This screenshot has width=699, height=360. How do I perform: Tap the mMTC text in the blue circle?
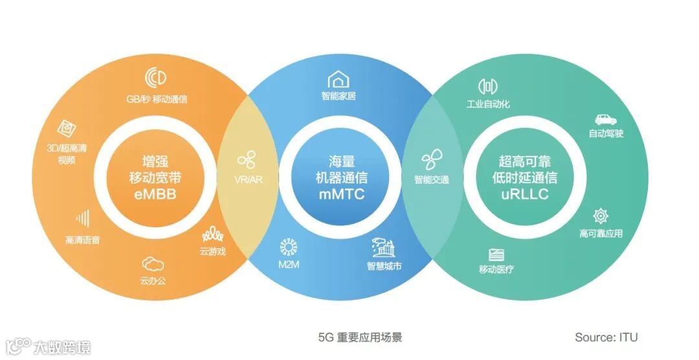coord(341,194)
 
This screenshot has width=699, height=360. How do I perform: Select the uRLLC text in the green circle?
coord(525,194)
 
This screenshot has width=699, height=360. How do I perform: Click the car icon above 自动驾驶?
coord(606,119)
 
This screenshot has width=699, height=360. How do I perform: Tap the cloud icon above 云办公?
coord(153,264)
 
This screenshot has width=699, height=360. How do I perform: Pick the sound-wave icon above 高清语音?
coord(82,219)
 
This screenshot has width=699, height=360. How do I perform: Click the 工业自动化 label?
coord(489,104)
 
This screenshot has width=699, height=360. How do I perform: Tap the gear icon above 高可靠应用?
coord(601,216)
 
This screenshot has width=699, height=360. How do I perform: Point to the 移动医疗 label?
coord(496,269)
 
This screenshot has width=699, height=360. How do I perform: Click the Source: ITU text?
coord(606,337)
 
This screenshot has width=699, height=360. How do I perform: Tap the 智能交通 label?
coord(432,179)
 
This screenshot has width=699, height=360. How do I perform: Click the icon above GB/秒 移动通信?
coord(156,78)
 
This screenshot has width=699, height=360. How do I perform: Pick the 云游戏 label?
coord(213,251)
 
